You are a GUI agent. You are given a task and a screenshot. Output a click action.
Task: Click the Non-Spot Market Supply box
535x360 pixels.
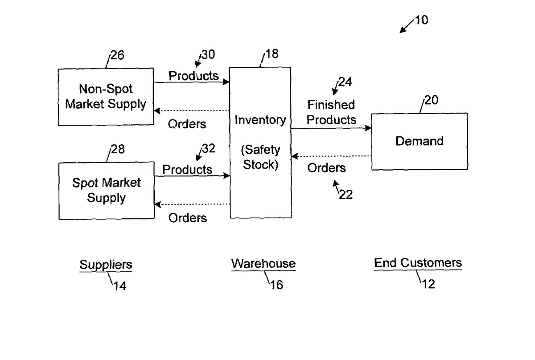[x=106, y=97]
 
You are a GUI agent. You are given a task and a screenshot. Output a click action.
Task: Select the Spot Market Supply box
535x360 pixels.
[x=107, y=190]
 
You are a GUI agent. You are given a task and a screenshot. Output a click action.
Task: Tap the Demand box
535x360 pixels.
[x=419, y=141]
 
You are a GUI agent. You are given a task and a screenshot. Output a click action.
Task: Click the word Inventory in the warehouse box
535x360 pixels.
[x=260, y=120]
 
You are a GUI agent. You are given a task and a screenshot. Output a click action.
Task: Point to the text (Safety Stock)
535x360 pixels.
[x=260, y=158]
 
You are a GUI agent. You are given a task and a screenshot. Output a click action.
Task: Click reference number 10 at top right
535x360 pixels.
[x=421, y=20]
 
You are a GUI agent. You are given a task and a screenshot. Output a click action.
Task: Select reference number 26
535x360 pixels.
[x=117, y=56]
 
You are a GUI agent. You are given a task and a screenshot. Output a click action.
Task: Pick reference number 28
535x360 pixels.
[x=117, y=149]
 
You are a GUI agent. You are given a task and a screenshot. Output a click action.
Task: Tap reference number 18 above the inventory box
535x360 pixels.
[x=272, y=54]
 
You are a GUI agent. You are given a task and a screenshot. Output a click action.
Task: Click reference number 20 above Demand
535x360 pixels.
[x=432, y=100]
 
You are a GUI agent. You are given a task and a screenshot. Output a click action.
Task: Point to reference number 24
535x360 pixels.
[x=345, y=82]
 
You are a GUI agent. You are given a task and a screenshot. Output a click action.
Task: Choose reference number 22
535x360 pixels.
[x=346, y=194]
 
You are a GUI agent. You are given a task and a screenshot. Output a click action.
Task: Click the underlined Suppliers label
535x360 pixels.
[x=106, y=265]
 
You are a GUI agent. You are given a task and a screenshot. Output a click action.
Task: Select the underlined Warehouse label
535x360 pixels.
[x=263, y=263]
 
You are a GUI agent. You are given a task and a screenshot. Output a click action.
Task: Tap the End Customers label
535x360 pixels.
[x=418, y=263]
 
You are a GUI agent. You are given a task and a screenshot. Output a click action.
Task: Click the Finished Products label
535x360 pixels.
[x=332, y=112]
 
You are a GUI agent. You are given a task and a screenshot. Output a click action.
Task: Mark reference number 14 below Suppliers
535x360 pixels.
[x=119, y=286]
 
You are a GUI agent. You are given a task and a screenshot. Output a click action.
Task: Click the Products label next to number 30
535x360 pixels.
[x=193, y=76]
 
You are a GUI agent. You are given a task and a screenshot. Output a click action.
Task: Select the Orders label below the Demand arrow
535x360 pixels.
[x=326, y=168]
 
